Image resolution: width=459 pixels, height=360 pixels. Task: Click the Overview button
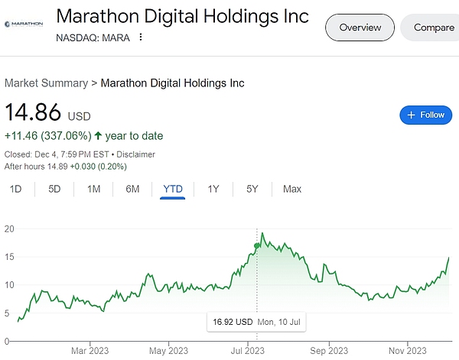point(360,28)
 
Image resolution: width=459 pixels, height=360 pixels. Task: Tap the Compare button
point(433,28)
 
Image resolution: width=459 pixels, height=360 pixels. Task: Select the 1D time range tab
point(15,189)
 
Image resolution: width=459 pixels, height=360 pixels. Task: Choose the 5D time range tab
point(54,189)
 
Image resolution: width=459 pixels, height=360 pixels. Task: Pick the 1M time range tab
point(93,189)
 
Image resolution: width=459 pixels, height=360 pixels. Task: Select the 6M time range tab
point(132,189)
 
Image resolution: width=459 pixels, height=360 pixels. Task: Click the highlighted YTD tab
point(173,189)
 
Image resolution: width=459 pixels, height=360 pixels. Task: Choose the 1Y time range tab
point(213,189)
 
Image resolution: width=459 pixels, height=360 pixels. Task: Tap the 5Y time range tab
point(252,189)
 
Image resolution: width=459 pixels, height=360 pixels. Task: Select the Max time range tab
point(291,189)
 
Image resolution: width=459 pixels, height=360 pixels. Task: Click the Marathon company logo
point(24,24)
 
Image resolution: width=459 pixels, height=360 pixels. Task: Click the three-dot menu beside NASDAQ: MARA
point(141,37)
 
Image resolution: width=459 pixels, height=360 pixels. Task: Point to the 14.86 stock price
point(34,113)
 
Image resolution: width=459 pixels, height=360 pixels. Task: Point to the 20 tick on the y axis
point(9,228)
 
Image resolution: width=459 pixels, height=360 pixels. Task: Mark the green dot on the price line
point(256,245)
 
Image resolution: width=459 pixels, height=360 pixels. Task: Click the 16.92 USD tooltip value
point(233,323)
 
